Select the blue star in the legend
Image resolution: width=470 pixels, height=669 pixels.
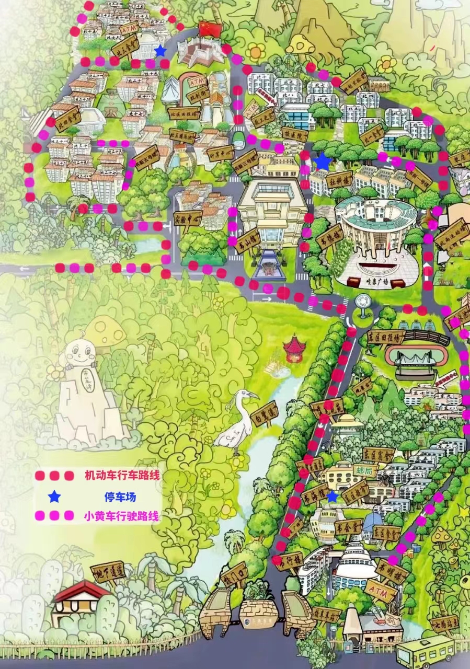pyautogui.click(x=54, y=497)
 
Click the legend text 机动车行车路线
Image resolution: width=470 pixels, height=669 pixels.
pyautogui.click(x=121, y=476)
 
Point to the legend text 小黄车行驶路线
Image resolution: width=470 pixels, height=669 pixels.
pyautogui.click(x=121, y=516)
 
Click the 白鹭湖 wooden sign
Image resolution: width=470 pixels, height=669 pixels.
pyautogui.click(x=263, y=414)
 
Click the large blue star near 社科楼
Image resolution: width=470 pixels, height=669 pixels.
pyautogui.click(x=323, y=162)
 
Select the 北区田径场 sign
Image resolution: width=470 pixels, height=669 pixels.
pyautogui.click(x=187, y=114)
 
